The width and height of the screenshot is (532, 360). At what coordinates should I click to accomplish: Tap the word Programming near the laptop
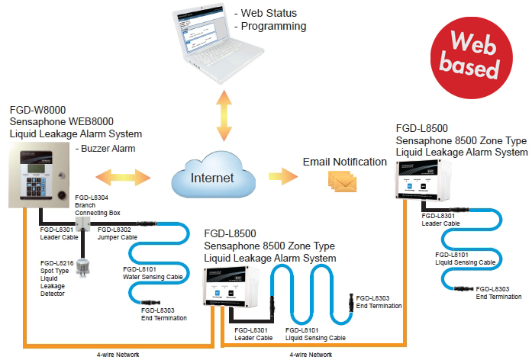pos(274,27)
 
